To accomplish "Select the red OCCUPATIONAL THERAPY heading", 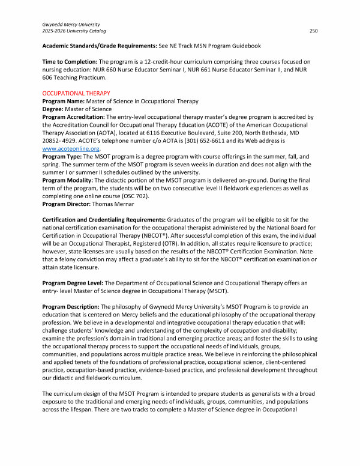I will tap(76, 93).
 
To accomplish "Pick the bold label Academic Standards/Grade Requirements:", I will tap(105, 46).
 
